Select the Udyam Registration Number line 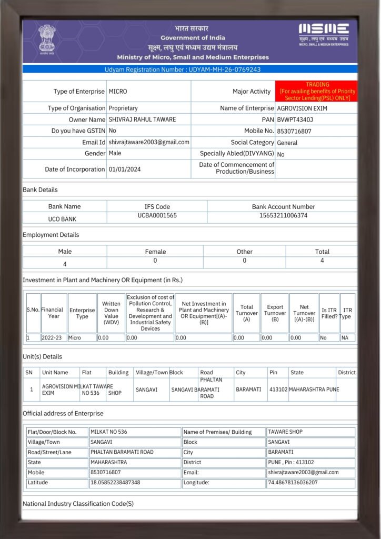[x=190, y=69]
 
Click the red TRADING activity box [x=317, y=91]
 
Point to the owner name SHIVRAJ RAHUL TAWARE [x=142, y=119]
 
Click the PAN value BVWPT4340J [x=295, y=119]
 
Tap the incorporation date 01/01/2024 [x=125, y=169]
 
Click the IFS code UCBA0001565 [x=157, y=216]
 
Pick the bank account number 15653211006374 [x=283, y=216]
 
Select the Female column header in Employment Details [x=155, y=252]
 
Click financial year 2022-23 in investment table [x=53, y=337]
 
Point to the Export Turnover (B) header [x=275, y=313]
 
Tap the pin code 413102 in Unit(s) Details [x=278, y=390]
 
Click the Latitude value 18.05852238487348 [x=115, y=482]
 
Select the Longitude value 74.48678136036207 [x=293, y=482]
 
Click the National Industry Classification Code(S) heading [x=78, y=504]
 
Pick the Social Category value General [x=287, y=143]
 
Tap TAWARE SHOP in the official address [x=285, y=432]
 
